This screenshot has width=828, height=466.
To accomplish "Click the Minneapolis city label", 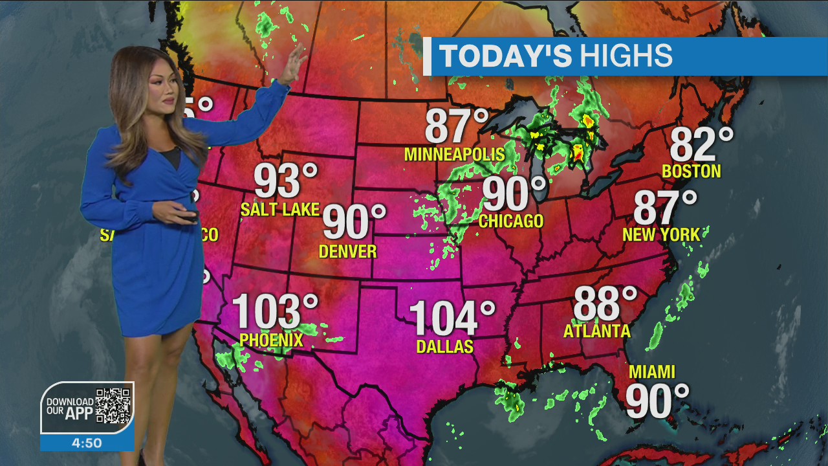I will (x=454, y=154).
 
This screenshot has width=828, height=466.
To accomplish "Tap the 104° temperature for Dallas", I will (x=452, y=318).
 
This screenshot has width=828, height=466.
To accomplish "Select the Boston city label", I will (x=691, y=171).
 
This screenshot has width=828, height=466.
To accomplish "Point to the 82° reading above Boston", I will (x=701, y=144).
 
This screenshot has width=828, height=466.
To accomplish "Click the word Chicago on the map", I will (x=511, y=221).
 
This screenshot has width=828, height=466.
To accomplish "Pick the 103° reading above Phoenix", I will (x=275, y=311).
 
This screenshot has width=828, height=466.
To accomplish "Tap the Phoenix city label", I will (x=271, y=340).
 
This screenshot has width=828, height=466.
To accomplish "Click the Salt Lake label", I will (x=280, y=209).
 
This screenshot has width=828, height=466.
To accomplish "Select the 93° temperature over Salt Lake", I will (x=285, y=181).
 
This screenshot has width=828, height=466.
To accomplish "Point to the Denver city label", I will (x=348, y=251).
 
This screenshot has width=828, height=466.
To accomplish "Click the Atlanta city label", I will (x=596, y=331).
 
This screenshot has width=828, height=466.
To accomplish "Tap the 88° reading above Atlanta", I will (x=605, y=303).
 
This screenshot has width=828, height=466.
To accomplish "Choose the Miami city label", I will (x=652, y=372).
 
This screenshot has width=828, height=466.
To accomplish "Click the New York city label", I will (x=660, y=234).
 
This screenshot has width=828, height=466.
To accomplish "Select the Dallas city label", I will (x=444, y=347).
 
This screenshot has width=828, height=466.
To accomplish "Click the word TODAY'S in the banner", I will (x=506, y=56).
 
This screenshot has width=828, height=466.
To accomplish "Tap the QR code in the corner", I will (x=113, y=406).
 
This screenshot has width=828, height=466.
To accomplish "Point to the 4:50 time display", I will (x=87, y=443).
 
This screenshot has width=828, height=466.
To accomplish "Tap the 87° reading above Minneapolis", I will (x=456, y=126).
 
